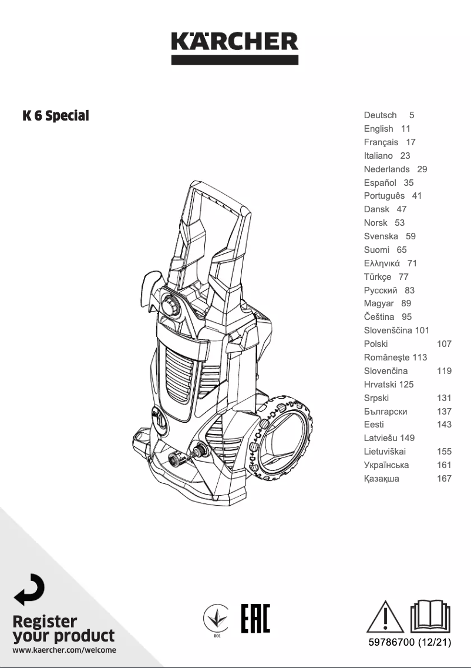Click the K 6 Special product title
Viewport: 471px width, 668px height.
[56, 116]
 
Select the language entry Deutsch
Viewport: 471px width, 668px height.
[380, 115]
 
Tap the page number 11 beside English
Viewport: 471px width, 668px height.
[406, 129]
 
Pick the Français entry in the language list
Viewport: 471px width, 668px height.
[381, 142]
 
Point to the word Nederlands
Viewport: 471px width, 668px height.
[386, 169]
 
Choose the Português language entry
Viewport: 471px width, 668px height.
[384, 196]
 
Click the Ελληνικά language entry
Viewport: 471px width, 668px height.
[382, 263]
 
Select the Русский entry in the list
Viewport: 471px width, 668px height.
[381, 290]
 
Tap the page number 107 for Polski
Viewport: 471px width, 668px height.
[444, 344]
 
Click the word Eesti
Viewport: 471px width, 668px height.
[374, 425]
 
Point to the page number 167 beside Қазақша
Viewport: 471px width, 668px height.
[444, 479]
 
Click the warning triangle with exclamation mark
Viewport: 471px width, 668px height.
[386, 616]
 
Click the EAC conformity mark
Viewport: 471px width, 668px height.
[255, 617]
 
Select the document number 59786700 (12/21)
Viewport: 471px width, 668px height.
[409, 642]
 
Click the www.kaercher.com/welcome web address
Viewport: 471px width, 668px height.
[64, 650]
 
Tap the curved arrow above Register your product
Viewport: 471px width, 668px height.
[29, 589]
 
